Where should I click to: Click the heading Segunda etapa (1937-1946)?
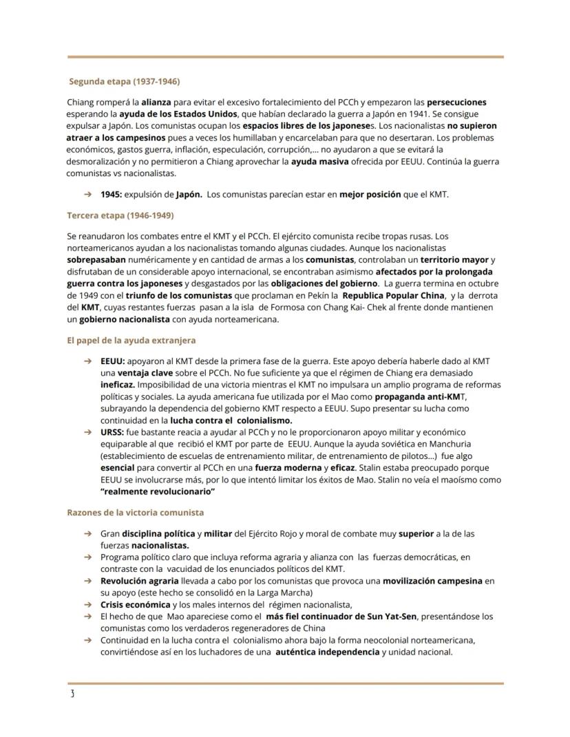[124, 81]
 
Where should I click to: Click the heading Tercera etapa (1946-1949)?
[120, 215]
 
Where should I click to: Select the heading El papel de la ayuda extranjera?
[131, 340]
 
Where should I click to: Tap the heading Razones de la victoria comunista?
[135, 513]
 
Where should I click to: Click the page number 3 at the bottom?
[72, 693]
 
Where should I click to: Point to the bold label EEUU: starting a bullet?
[113, 361]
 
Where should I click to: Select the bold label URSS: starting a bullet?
[112, 431]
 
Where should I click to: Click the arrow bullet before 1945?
[87, 195]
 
